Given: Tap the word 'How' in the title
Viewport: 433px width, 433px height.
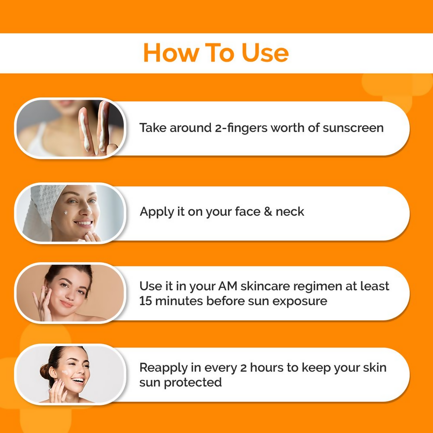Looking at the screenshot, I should coord(168,53).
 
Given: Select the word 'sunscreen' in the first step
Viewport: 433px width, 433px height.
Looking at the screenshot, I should coord(353,128).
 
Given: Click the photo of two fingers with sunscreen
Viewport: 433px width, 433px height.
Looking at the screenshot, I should coord(70,128).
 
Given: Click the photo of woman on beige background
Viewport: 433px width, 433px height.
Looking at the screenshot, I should coord(70,293).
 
